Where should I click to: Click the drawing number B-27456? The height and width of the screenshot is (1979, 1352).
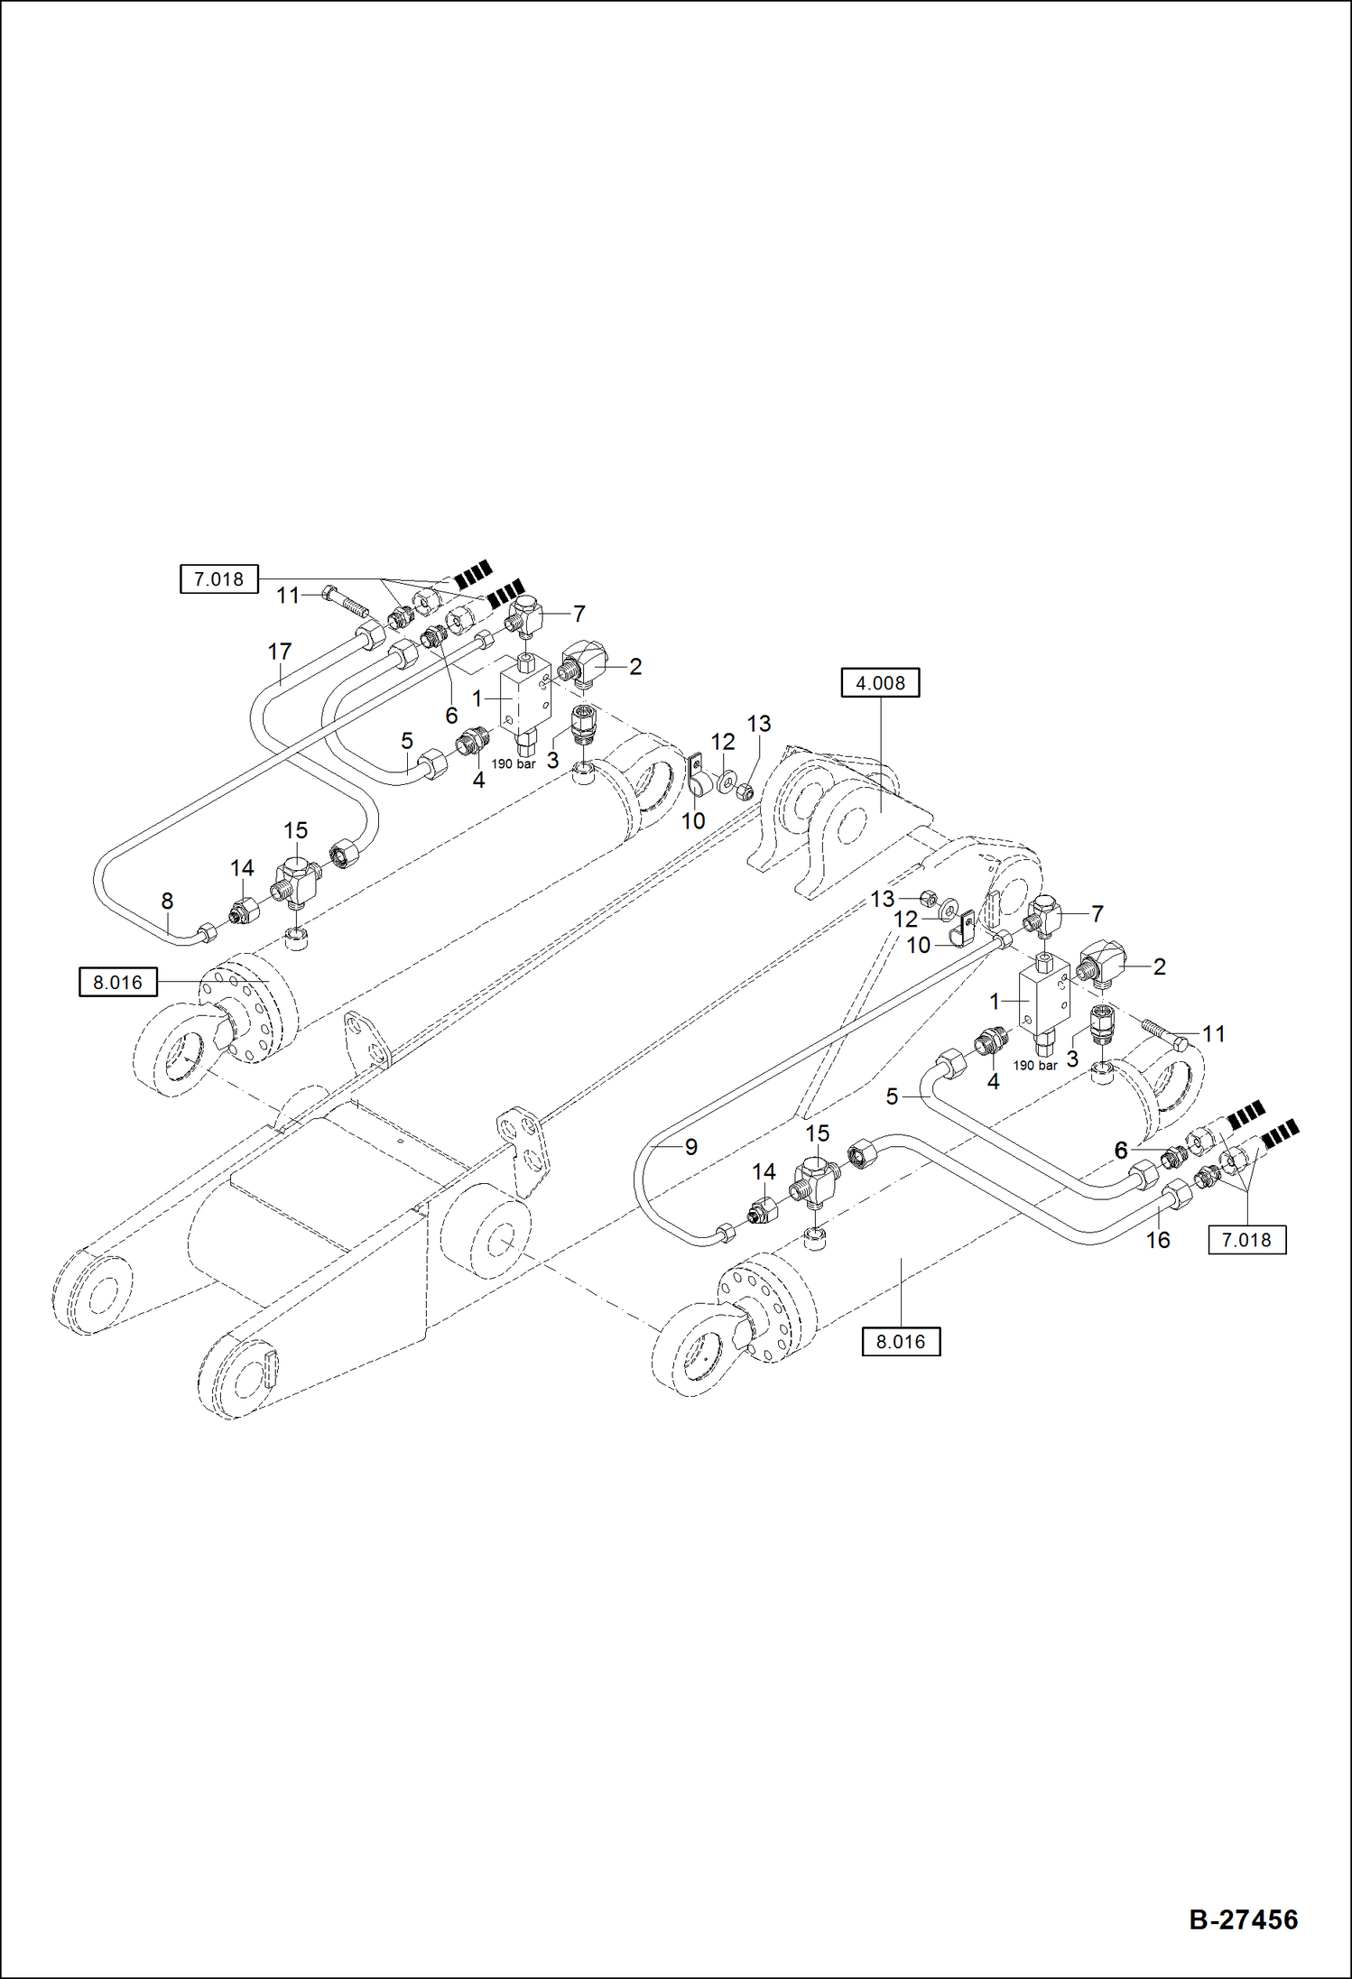[1243, 1919]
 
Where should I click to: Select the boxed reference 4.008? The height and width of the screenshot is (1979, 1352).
[880, 683]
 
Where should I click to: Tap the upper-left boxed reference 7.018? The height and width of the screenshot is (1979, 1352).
[219, 579]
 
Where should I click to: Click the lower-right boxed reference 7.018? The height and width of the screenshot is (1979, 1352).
[1246, 1240]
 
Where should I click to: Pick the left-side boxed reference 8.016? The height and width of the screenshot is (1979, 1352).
[118, 982]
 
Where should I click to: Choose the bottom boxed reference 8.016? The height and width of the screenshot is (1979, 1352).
[901, 1342]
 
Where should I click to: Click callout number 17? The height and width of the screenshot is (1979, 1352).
[280, 651]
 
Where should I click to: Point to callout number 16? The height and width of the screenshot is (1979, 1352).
[1158, 1240]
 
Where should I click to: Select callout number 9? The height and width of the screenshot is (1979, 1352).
[691, 1147]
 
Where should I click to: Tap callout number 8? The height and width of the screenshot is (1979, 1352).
[167, 900]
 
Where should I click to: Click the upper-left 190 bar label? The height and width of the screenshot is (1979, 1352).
[514, 763]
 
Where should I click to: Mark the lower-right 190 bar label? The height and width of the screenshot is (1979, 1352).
[1035, 1065]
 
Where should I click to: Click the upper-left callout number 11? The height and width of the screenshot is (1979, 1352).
[288, 595]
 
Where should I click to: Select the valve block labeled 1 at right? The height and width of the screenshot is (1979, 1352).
[1044, 999]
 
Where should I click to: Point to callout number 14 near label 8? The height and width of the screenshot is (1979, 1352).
[242, 867]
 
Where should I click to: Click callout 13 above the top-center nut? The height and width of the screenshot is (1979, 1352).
[759, 724]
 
